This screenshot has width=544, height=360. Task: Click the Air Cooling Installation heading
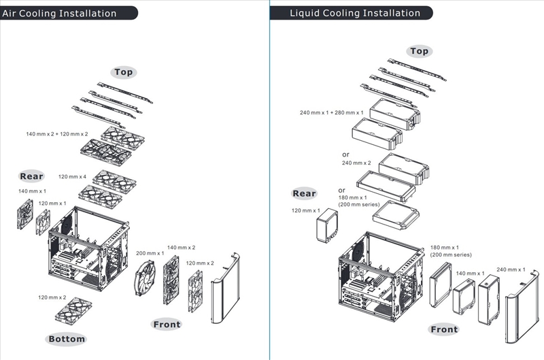(x=59, y=14)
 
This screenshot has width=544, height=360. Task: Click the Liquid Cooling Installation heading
(x=355, y=13)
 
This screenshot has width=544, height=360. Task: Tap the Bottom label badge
(x=67, y=339)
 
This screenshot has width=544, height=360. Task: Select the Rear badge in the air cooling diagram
(x=31, y=176)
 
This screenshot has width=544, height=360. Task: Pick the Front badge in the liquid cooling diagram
(x=444, y=329)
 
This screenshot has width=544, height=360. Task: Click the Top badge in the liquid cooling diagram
(x=419, y=51)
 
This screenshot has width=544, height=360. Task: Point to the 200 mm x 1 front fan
(x=145, y=278)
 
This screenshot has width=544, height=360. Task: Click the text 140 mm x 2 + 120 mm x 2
(x=57, y=134)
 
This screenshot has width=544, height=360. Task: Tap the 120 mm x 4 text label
(x=72, y=177)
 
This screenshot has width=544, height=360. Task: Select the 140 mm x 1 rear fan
(x=25, y=214)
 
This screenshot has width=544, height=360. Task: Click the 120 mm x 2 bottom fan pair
(x=73, y=310)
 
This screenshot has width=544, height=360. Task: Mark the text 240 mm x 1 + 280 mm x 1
(x=332, y=112)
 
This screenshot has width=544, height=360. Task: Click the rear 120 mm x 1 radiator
(x=327, y=226)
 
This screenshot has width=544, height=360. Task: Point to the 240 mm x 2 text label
(x=356, y=163)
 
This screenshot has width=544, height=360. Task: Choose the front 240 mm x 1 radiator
(x=489, y=299)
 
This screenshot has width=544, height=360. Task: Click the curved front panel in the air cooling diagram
(x=226, y=289)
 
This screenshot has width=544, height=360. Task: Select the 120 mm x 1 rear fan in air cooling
(x=44, y=223)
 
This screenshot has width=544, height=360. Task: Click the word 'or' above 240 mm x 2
(x=345, y=154)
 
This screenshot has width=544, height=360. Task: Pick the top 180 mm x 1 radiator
(x=396, y=216)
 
